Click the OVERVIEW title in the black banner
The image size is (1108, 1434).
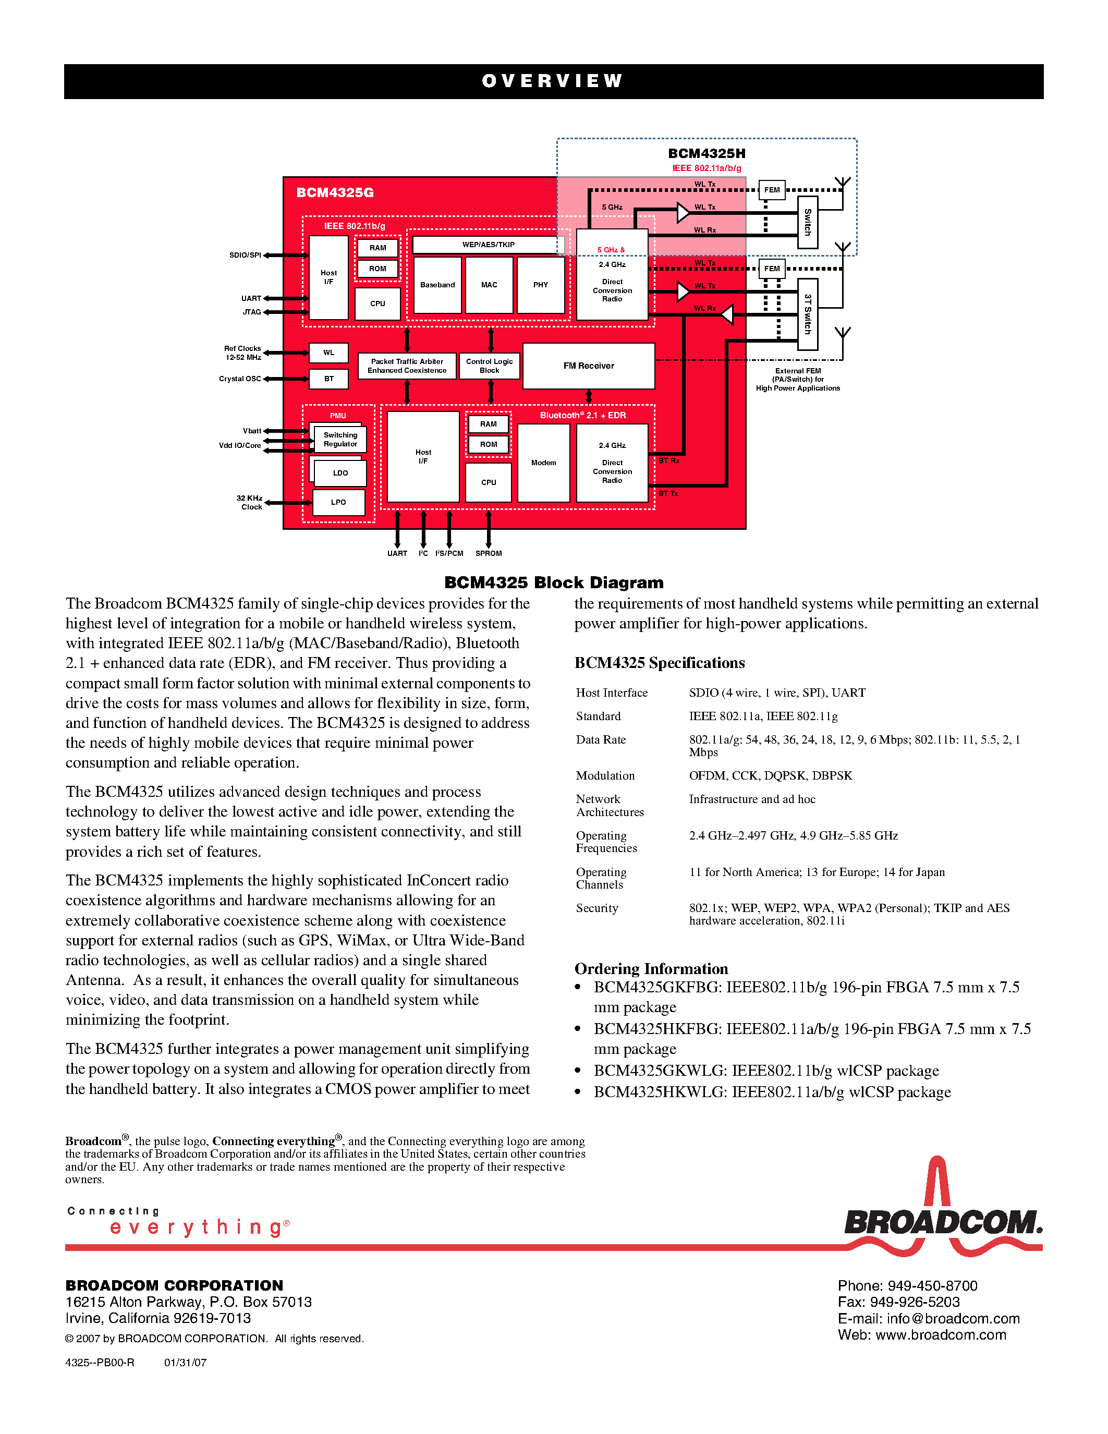pos(553,81)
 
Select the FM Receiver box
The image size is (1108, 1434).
pos(588,366)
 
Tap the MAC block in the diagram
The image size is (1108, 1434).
pos(489,285)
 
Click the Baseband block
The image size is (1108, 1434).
pos(437,285)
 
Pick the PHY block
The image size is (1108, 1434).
pos(540,285)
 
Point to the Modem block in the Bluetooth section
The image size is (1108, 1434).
pos(543,463)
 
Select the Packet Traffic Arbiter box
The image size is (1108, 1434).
pos(407,366)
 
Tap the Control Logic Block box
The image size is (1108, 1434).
pos(489,366)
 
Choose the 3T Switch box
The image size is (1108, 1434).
pos(807,314)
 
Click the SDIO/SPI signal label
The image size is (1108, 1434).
pos(245,255)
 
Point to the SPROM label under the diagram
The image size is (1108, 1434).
pos(489,553)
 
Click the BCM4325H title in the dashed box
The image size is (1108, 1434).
pos(707,154)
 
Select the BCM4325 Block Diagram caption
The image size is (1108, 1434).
pos(553,582)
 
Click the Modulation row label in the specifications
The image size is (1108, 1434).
pos(605,775)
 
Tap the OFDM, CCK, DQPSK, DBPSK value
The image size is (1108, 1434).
pos(770,775)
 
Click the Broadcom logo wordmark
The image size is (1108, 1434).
pos(943,1223)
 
